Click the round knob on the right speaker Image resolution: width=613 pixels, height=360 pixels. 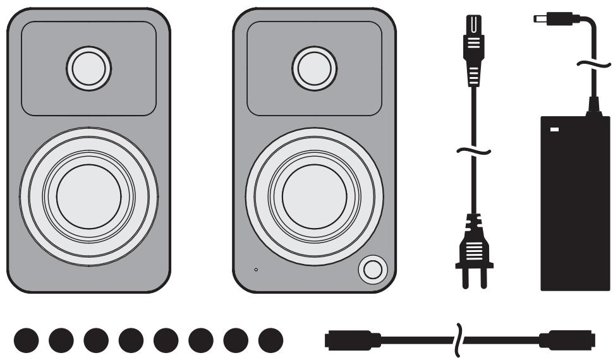click(x=371, y=270)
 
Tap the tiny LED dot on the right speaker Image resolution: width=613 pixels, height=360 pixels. click(x=256, y=270)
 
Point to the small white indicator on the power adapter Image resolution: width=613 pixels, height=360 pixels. click(x=555, y=130)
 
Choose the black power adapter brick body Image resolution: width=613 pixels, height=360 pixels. click(x=575, y=208)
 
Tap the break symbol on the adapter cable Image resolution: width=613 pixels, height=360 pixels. click(x=593, y=64)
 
